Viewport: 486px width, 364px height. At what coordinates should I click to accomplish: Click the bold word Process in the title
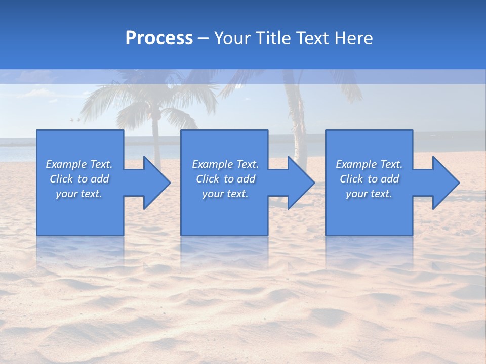[159, 38]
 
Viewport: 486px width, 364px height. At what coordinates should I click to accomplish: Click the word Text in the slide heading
[313, 38]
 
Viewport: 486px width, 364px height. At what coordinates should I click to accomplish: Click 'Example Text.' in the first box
[79, 164]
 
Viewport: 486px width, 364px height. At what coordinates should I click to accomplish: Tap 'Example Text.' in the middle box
[225, 164]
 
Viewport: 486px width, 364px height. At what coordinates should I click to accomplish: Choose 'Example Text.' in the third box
[369, 164]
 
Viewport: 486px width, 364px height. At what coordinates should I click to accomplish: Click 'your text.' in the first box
[79, 194]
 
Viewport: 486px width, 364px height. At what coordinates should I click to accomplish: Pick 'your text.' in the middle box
[225, 194]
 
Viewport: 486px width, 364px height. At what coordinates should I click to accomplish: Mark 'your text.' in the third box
[369, 194]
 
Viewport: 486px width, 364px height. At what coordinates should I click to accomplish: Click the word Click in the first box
[62, 179]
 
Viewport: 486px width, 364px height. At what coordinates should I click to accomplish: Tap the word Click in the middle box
[208, 179]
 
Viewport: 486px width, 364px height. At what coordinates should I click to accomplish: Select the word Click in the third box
[352, 179]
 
